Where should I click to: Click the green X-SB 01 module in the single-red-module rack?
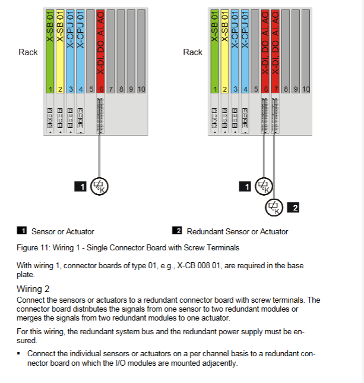(51, 48)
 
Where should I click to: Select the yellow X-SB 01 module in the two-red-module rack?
(225, 48)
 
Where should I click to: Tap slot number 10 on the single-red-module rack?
(141, 89)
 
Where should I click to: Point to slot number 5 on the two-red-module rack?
(255, 89)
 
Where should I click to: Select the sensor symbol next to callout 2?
(273, 207)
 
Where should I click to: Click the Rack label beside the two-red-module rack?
(192, 52)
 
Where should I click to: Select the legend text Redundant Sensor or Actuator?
(237, 231)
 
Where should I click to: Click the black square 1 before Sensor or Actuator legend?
(23, 231)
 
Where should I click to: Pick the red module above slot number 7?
(274, 48)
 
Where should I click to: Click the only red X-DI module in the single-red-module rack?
(100, 48)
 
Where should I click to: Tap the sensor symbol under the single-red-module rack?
(100, 186)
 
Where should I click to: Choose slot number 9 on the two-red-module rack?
(295, 89)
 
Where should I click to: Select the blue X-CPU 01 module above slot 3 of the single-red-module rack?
(71, 48)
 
